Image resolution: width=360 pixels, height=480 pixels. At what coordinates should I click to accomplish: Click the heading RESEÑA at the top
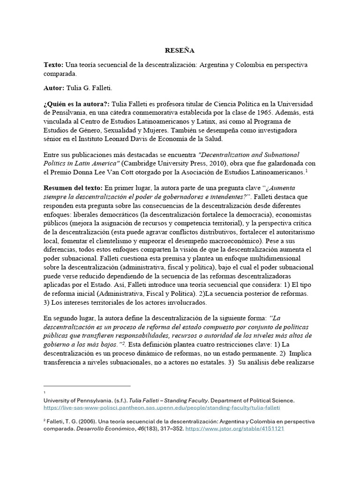click(x=179, y=50)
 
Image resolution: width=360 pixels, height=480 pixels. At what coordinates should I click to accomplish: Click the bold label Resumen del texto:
click(x=73, y=187)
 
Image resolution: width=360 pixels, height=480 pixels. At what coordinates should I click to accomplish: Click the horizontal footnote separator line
click(x=87, y=386)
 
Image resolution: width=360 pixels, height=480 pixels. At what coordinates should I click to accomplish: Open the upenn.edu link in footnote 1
click(x=168, y=409)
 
